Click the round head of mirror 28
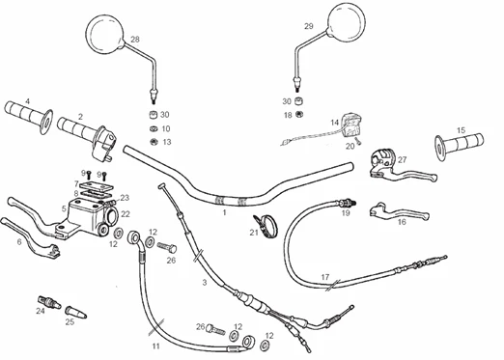click(x=105, y=34)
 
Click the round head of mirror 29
click(x=347, y=22)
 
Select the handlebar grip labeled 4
click(x=29, y=117)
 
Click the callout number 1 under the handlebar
click(x=224, y=212)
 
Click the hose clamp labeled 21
click(x=266, y=226)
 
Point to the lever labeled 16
click(x=400, y=212)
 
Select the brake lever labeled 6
click(x=31, y=236)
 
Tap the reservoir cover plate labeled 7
click(x=96, y=186)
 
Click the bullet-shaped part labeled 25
click(x=75, y=312)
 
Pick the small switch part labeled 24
click(x=49, y=302)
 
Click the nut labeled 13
click(x=154, y=142)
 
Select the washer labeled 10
click(x=154, y=128)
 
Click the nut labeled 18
click(x=299, y=114)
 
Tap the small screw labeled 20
click(x=358, y=141)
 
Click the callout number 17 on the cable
click(x=325, y=277)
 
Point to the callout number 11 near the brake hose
click(x=155, y=346)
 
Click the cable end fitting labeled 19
click(x=346, y=204)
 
